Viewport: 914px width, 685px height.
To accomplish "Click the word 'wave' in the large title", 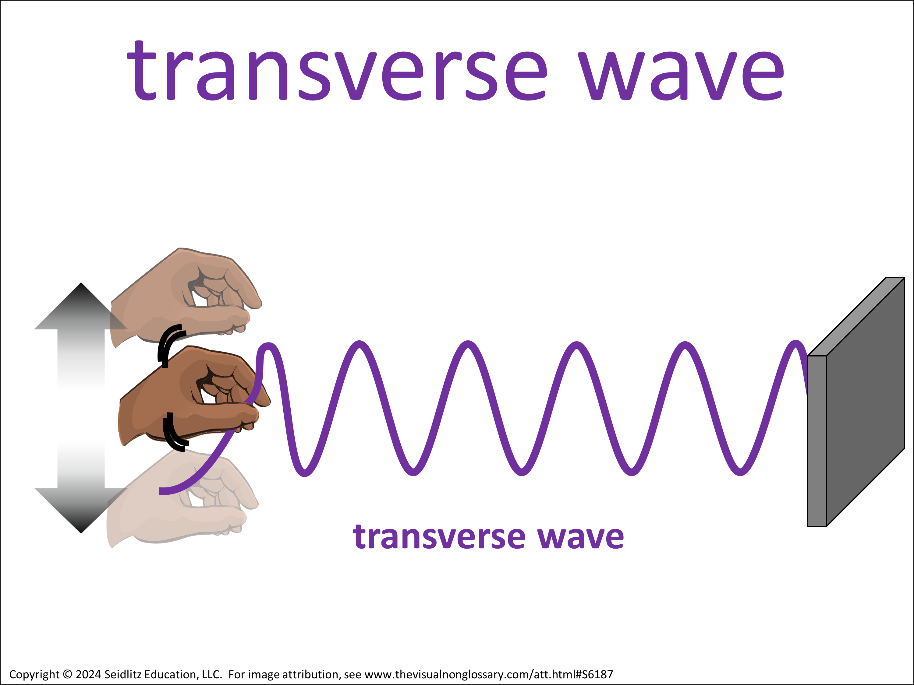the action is pyautogui.click(x=681, y=76).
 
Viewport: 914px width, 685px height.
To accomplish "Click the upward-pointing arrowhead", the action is pyautogui.click(x=81, y=306).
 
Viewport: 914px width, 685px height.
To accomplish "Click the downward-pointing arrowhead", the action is pyautogui.click(x=81, y=510).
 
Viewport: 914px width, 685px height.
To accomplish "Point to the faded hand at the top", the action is pyautogui.click(x=186, y=295).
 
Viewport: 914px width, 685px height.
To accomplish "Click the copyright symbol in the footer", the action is pyautogui.click(x=67, y=674).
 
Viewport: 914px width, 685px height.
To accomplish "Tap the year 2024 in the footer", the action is pyautogui.click(x=88, y=674).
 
